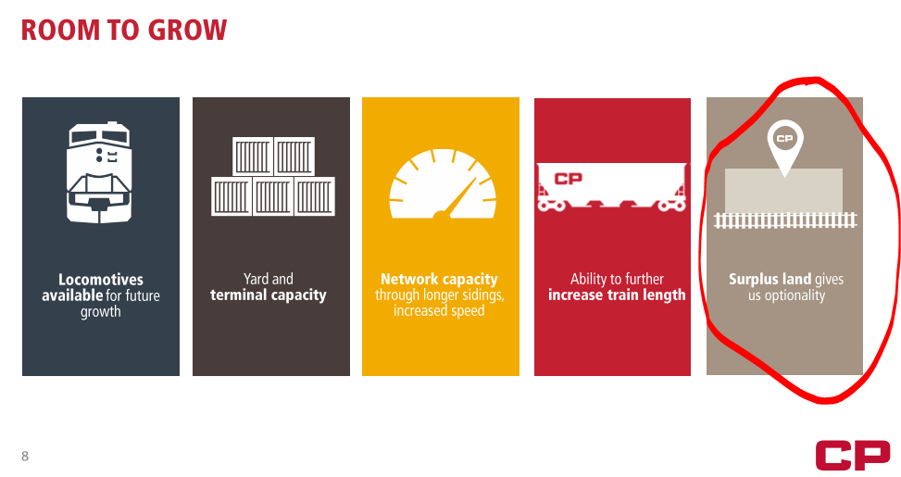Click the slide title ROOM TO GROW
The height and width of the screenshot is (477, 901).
pos(124,30)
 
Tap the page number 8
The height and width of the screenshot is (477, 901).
pos(25,456)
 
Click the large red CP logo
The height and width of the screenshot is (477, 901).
pos(853,455)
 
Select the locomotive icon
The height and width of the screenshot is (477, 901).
pos(99,172)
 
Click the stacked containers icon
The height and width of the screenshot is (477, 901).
pos(273,176)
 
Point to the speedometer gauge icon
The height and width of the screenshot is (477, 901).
pos(443,184)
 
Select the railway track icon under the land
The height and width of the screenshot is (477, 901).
pos(785,220)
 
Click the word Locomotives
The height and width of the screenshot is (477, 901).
pos(101,280)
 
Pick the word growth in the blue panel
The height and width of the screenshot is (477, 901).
pos(101,312)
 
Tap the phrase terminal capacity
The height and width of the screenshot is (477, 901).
pos(269,295)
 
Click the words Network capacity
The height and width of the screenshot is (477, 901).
pos(439,280)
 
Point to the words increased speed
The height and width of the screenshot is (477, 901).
pos(439,311)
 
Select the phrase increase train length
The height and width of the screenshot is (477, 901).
pos(617,295)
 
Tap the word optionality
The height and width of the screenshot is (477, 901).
pos(795,296)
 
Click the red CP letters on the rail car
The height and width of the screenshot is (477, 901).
pos(569,179)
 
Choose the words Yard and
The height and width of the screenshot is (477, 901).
pos(269,280)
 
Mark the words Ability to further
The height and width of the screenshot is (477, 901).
pos(617,280)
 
